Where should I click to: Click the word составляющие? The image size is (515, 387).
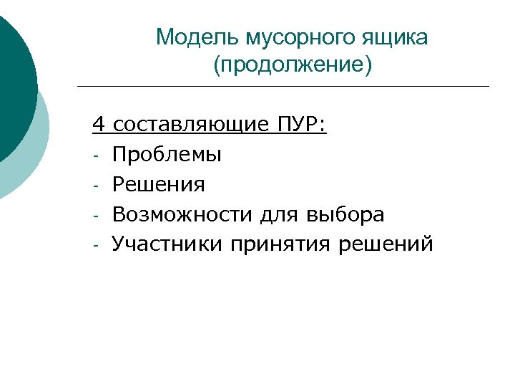(185, 125)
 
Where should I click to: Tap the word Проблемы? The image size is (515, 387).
(167, 154)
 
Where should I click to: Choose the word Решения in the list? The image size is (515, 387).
(158, 184)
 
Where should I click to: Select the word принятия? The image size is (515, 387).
(280, 244)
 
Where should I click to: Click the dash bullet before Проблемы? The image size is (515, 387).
(95, 156)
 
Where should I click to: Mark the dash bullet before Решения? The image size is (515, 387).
(95, 186)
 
